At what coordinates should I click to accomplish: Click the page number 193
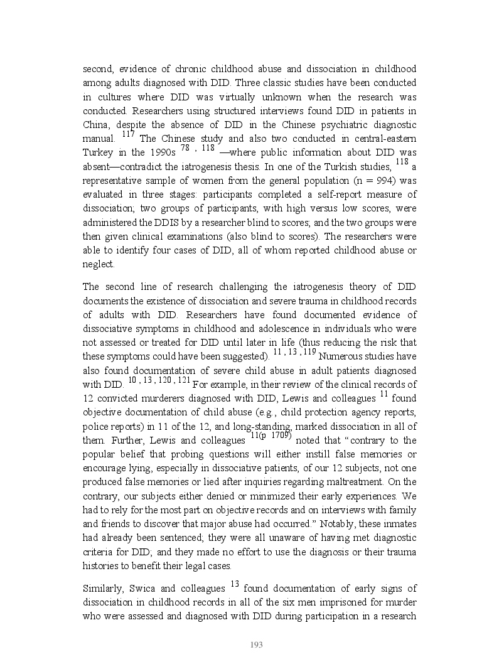[x=255, y=644]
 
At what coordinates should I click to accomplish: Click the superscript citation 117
[x=128, y=133]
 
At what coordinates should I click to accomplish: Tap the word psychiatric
[x=327, y=125]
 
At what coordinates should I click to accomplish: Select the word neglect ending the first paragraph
[x=97, y=264]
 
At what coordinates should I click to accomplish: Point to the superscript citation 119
[x=309, y=351]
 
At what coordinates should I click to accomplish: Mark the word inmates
[x=400, y=523]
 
